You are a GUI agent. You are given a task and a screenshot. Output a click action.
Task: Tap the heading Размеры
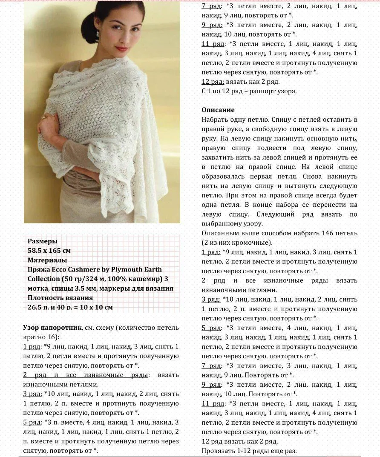[x=43, y=241]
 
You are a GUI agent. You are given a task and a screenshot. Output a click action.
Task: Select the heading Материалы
[x=47, y=260]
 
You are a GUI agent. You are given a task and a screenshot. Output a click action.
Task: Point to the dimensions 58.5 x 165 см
[x=49, y=251]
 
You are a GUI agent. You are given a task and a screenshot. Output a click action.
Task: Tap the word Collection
[x=44, y=279]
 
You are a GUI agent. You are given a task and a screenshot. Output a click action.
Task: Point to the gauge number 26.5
[x=36, y=307]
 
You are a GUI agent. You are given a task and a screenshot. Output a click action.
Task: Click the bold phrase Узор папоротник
[x=50, y=328]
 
